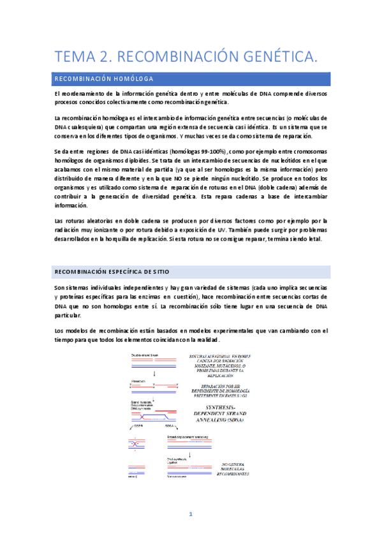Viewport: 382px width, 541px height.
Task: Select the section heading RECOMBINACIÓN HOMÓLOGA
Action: (104, 79)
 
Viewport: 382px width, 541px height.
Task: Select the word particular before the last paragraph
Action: (70, 315)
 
